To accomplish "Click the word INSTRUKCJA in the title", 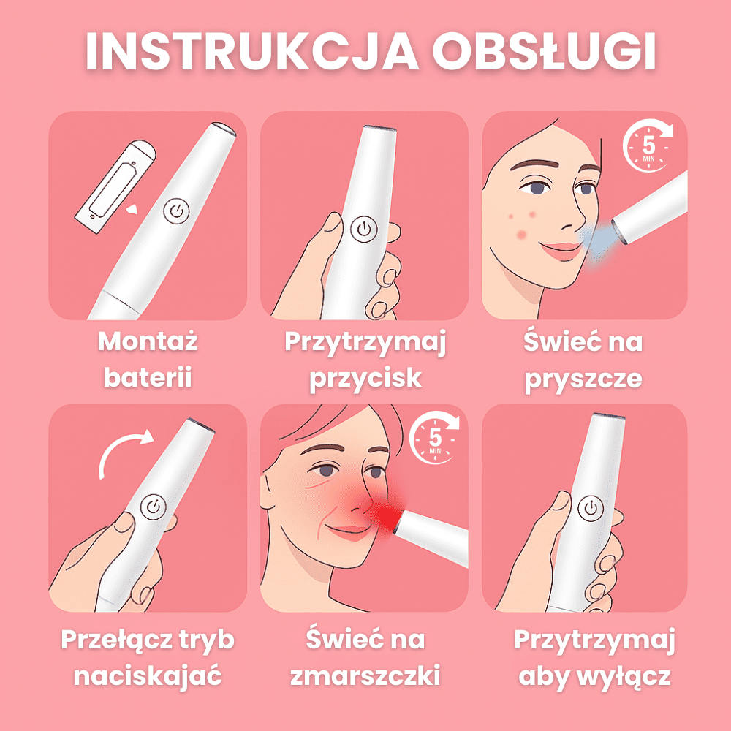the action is [252, 51].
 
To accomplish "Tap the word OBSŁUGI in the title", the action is [544, 51].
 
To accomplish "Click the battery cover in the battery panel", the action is [115, 186].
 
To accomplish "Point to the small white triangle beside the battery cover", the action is [132, 208].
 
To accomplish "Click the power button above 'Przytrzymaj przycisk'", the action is [363, 230].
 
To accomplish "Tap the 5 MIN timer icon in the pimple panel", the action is [648, 145].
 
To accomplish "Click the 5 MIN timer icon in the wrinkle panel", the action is [434, 438].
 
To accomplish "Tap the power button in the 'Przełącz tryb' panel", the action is [154, 507].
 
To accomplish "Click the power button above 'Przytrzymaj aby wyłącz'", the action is [590, 509].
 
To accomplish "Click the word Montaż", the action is [148, 341].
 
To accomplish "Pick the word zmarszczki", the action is [365, 675].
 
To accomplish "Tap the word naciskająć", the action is [148, 676].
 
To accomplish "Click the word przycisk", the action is [365, 379].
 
